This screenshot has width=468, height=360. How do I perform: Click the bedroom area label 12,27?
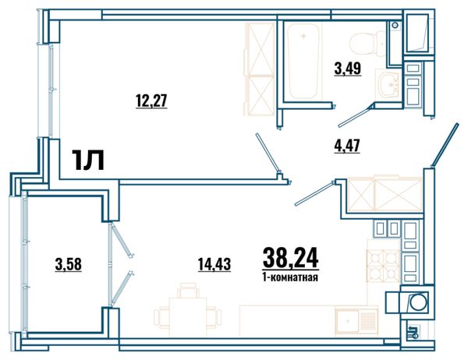coord(151,101)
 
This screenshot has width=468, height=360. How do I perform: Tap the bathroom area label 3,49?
coord(348,69)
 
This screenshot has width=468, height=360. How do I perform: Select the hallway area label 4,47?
coord(347,146)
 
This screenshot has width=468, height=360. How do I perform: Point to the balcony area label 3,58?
coord(69,264)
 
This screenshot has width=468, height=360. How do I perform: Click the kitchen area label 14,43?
coord(214,264)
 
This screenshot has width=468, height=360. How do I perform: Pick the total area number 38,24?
coord(290,258)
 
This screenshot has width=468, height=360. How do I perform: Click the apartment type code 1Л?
coord(87,160)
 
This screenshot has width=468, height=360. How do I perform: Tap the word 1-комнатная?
coord(290,277)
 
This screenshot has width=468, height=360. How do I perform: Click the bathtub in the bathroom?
coord(303,62)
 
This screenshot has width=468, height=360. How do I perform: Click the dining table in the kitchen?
coord(188,317)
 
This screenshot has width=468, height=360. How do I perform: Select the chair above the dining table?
coord(188,291)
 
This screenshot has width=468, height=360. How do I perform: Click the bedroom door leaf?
coord(268,153)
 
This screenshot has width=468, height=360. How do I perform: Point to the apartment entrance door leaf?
coord(445,145)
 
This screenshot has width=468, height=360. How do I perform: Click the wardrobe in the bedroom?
coord(260,69)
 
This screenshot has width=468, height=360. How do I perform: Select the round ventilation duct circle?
coord(417,302)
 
